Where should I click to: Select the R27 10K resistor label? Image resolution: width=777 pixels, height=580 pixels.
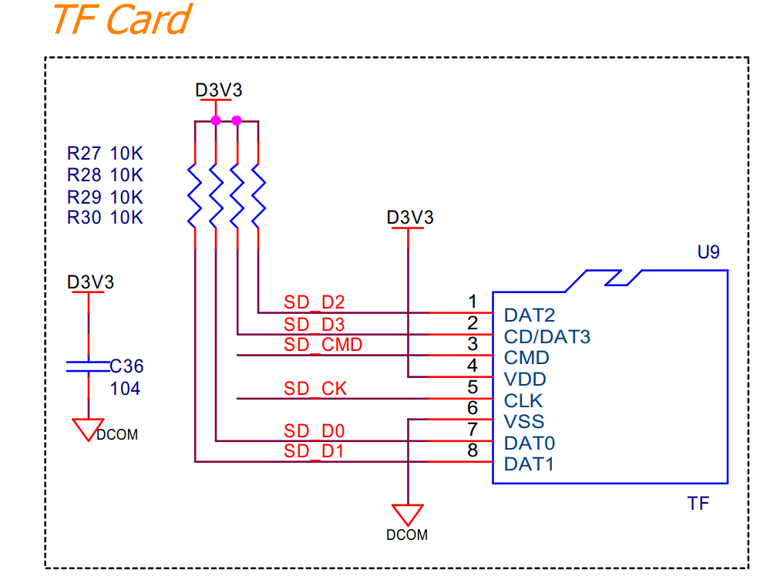pyautogui.click(x=105, y=153)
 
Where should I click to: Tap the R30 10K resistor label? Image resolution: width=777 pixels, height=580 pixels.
pyautogui.click(x=105, y=217)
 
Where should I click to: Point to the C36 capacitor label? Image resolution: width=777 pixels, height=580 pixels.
pyautogui.click(x=126, y=366)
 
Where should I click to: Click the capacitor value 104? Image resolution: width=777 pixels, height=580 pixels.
pyautogui.click(x=126, y=389)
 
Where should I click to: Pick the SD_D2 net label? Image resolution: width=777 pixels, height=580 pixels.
pyautogui.click(x=314, y=302)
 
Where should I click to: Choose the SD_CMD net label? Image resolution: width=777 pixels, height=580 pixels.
pyautogui.click(x=323, y=345)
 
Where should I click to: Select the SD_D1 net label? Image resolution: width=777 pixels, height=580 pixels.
pyautogui.click(x=314, y=452)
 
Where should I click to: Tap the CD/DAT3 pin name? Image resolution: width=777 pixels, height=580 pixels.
pyautogui.click(x=547, y=336)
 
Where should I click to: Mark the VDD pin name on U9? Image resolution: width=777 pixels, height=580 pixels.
pyautogui.click(x=525, y=379)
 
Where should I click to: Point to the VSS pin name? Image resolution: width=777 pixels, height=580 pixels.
pyautogui.click(x=524, y=421)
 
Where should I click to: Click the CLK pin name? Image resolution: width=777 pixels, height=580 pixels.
pyautogui.click(x=523, y=400)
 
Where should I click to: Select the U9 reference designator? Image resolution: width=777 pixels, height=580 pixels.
pyautogui.click(x=708, y=252)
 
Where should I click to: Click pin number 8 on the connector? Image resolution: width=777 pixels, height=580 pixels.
pyautogui.click(x=473, y=450)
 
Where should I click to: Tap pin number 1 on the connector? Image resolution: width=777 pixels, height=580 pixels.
pyautogui.click(x=473, y=301)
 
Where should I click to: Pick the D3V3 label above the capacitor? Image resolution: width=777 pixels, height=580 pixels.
pyautogui.click(x=90, y=282)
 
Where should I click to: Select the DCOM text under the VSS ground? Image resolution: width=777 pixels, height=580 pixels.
pyautogui.click(x=407, y=534)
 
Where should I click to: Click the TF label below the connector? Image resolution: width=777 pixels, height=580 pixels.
pyautogui.click(x=698, y=504)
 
